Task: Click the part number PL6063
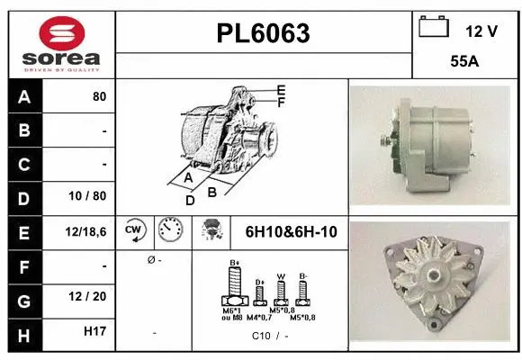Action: pos(263,34)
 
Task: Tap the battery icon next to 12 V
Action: pos(434,28)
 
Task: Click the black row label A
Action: pos(24,96)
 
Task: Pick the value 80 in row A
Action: pos(99,96)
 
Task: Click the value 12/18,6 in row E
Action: pos(86,231)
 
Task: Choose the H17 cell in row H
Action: pos(94,332)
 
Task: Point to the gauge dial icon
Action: pos(169,230)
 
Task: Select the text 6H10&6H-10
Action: pos(291,232)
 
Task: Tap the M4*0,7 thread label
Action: pos(260,317)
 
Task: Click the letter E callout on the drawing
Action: pos(281,90)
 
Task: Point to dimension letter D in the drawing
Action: pos(191,200)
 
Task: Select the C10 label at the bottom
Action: pos(260,336)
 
